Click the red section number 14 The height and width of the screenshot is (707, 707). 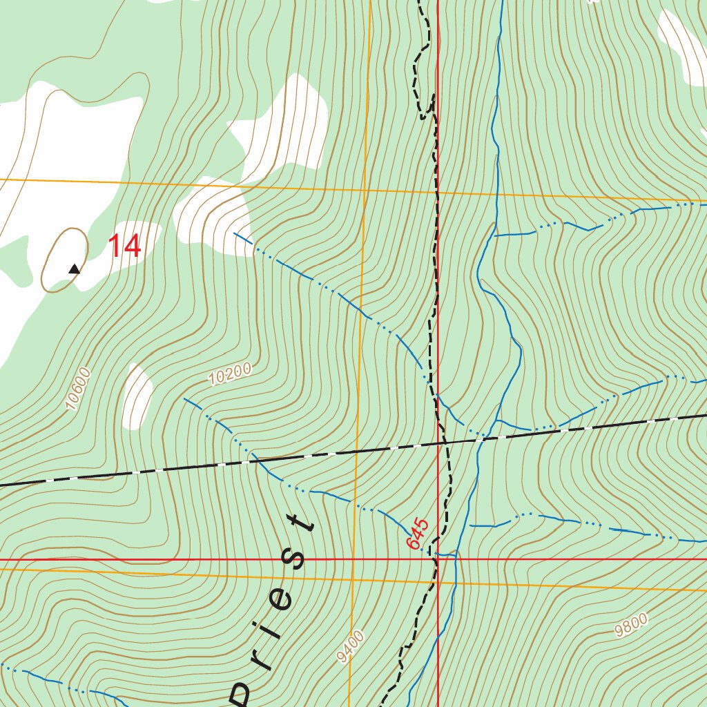click(125, 246)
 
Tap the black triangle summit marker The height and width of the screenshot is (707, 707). click(74, 269)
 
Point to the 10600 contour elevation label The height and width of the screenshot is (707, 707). click(78, 389)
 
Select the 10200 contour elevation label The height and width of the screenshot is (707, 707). click(229, 374)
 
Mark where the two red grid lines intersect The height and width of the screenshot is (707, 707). click(438, 559)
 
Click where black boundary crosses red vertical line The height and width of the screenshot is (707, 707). click(438, 443)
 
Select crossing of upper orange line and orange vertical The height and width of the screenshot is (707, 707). click(364, 188)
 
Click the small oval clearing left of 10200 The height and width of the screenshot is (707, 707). click(137, 397)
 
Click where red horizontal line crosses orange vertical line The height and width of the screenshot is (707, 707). click(353, 559)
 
